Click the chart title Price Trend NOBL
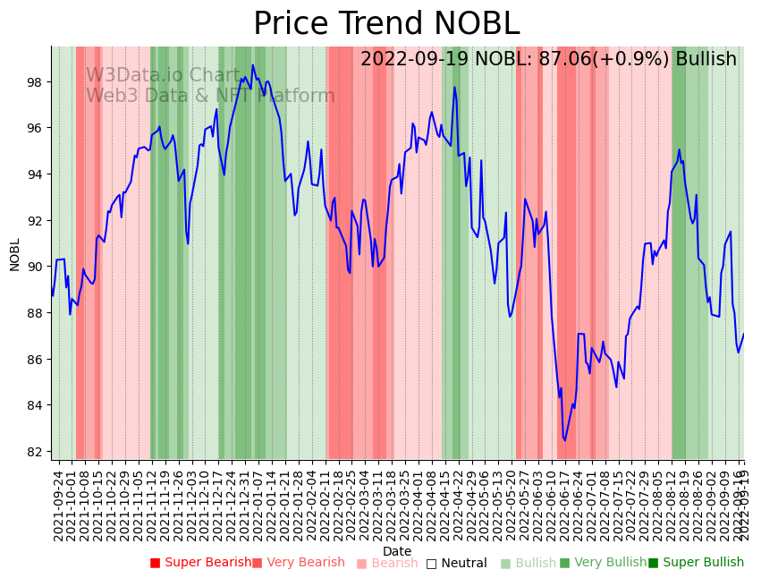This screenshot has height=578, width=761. click(385, 24)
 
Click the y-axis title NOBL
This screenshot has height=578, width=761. click(14, 254)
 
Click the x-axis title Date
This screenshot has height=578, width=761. click(397, 552)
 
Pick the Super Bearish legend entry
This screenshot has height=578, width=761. click(200, 563)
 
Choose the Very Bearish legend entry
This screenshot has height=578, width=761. click(298, 563)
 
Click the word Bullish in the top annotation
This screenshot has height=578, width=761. click(706, 59)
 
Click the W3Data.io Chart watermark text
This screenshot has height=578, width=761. click(163, 76)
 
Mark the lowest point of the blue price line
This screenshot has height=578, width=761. click(564, 440)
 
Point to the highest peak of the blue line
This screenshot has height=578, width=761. click(253, 64)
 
